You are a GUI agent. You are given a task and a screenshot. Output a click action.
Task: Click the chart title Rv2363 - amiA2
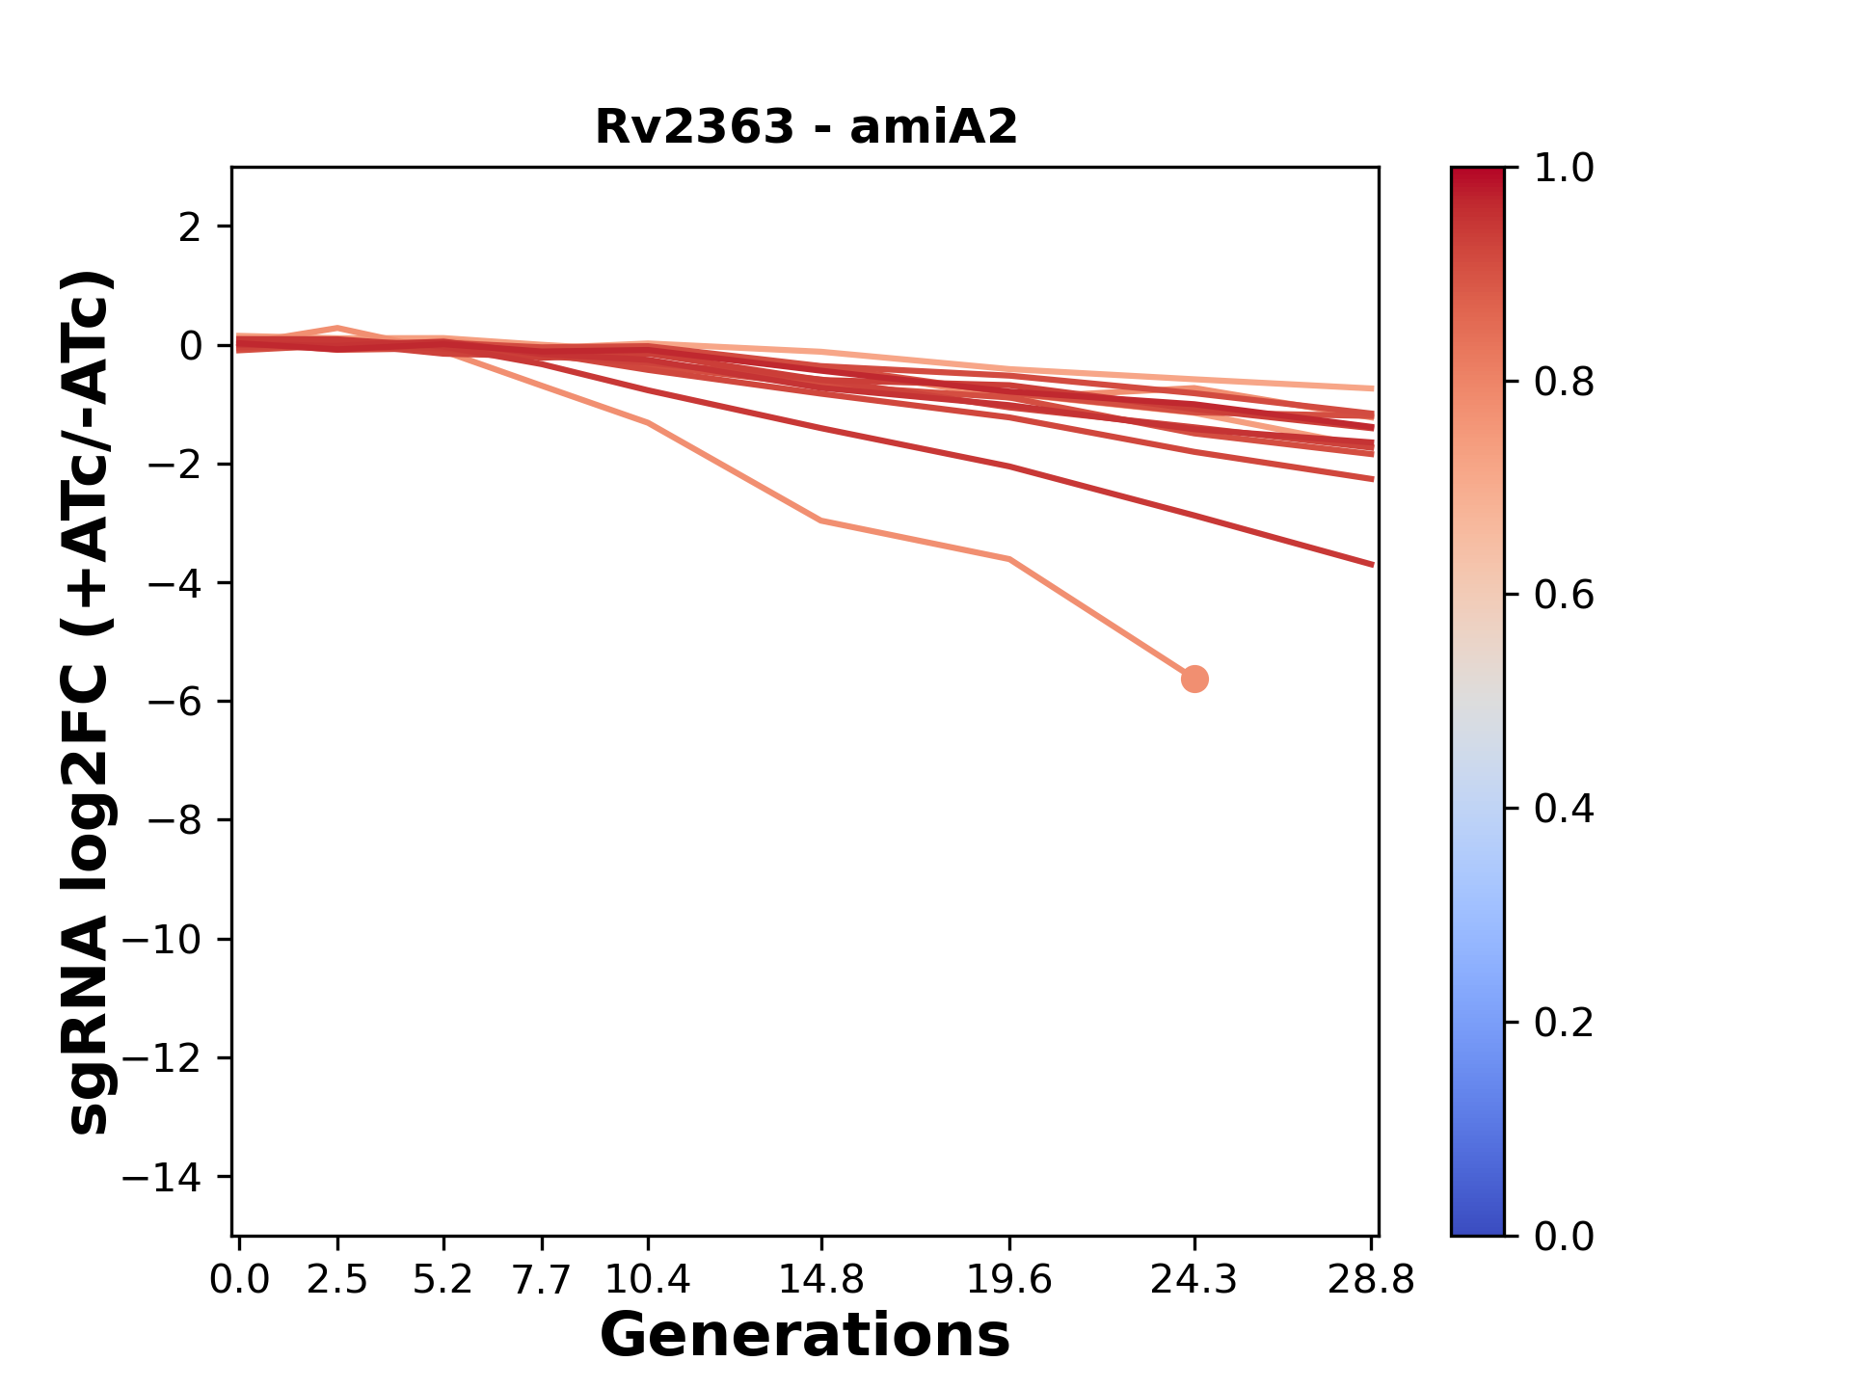806,127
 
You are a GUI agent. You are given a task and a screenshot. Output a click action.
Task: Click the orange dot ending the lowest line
1194,680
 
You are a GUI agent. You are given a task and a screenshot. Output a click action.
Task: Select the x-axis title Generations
805,1336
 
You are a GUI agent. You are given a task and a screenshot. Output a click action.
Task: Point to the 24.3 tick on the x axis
1194,1280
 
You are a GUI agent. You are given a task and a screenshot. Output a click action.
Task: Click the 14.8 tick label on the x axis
820,1280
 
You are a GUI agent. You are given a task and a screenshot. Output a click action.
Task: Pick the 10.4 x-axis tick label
648,1280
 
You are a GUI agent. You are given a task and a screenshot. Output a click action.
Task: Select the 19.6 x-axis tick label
1008,1280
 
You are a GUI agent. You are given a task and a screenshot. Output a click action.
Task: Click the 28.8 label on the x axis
1372,1280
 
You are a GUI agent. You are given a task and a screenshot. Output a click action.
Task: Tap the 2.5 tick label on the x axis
337,1280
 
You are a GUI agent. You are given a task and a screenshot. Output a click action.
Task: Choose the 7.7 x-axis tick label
542,1280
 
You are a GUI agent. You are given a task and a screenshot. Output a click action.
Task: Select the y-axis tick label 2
191,227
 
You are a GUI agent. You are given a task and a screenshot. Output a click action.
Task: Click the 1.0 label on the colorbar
1564,169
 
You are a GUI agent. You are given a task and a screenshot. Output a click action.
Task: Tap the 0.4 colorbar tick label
1564,809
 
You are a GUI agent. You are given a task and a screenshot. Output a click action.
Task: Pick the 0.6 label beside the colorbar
1564,595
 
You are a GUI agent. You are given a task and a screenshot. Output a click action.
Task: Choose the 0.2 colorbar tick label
1564,1022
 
